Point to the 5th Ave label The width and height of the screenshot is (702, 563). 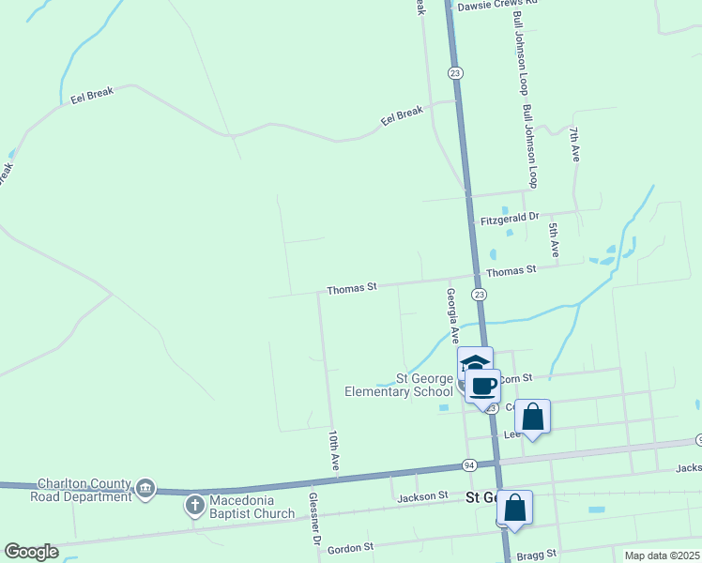[555, 241]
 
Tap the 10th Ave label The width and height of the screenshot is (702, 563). [333, 450]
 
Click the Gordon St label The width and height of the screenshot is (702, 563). [356, 546]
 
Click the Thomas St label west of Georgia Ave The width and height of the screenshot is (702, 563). [351, 288]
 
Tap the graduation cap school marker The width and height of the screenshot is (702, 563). [475, 363]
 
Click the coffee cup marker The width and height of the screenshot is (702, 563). [483, 386]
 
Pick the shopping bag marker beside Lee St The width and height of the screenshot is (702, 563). [532, 416]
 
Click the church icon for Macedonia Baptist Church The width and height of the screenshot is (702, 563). [194, 506]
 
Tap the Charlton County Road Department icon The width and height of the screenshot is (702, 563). [145, 488]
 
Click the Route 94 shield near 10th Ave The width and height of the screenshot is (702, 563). [469, 465]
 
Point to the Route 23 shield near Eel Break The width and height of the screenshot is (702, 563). [455, 73]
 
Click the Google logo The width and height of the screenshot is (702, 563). [31, 552]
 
